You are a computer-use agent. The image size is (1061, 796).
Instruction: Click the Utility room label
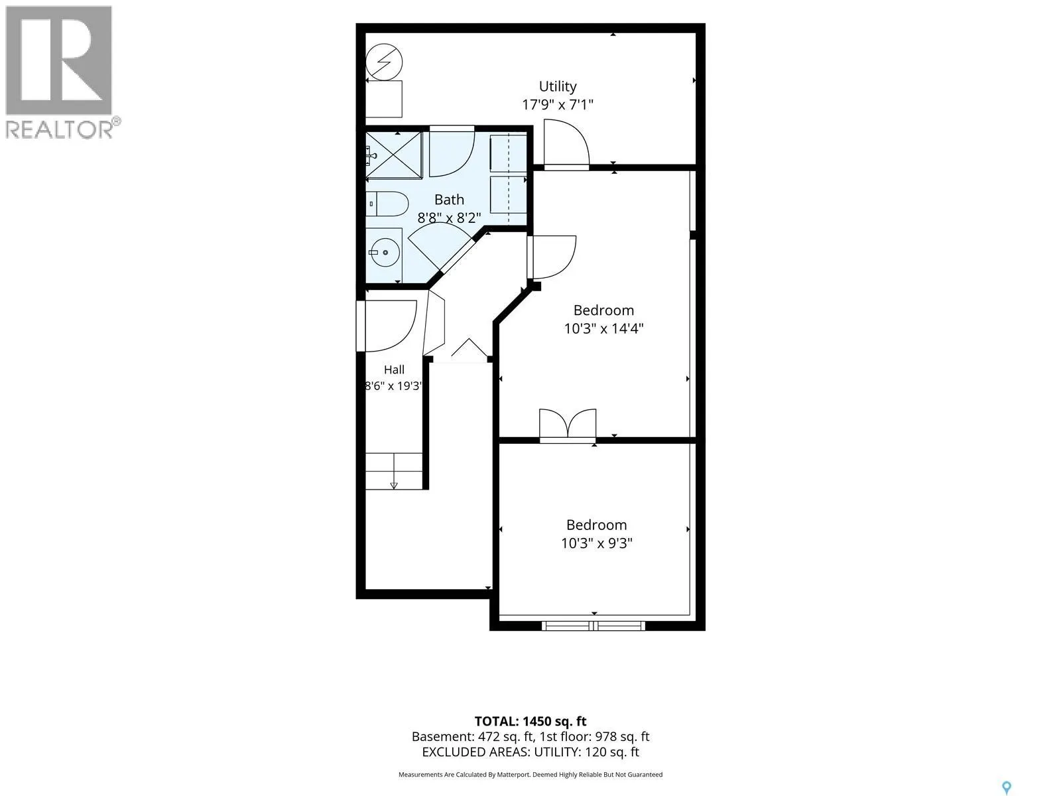pyautogui.click(x=557, y=87)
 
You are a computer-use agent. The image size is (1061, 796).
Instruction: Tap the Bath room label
pyautogui.click(x=449, y=200)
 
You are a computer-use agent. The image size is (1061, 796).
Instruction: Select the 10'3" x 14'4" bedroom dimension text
pyautogui.click(x=603, y=328)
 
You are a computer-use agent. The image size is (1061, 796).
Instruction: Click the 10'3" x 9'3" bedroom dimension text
pyautogui.click(x=596, y=543)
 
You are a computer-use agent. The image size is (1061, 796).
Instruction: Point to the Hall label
pyautogui.click(x=394, y=369)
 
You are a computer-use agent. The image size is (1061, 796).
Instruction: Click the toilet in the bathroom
pyautogui.click(x=387, y=204)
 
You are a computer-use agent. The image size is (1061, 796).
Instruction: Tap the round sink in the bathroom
pyautogui.click(x=385, y=252)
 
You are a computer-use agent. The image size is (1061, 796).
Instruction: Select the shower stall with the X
pyautogui.click(x=393, y=155)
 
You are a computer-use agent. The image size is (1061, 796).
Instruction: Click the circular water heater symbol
pyautogui.click(x=384, y=62)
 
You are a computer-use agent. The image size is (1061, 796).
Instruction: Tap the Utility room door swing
pyautogui.click(x=566, y=143)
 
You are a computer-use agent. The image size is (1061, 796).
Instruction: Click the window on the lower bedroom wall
pyautogui.click(x=593, y=626)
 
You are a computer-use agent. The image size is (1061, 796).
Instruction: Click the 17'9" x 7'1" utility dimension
pyautogui.click(x=557, y=104)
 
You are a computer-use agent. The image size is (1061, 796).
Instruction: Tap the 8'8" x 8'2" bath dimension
pyautogui.click(x=449, y=218)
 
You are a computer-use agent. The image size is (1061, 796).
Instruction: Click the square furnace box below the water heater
pyautogui.click(x=384, y=99)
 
